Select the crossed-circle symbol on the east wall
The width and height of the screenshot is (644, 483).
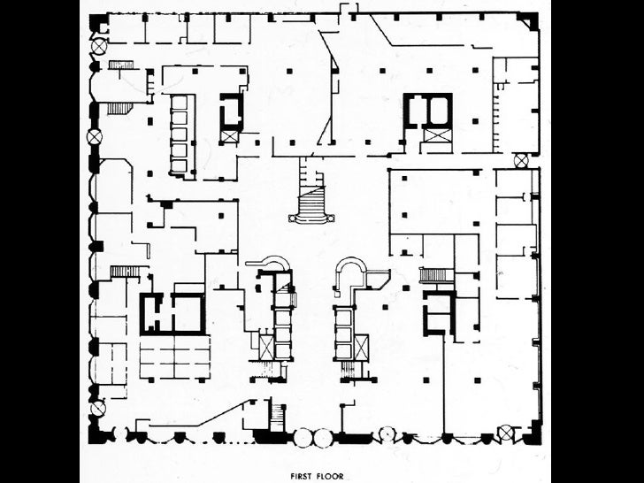tap(521, 160)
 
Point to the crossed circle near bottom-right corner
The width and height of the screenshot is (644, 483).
tap(505, 433)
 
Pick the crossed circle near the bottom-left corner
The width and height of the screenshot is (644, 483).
tap(97, 408)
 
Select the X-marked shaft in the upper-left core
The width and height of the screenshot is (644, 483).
tap(230, 136)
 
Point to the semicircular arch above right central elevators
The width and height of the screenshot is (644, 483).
tap(351, 269)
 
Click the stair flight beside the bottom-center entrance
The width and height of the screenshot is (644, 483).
tap(277, 414)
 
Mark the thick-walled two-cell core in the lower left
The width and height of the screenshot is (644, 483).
tap(172, 312)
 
